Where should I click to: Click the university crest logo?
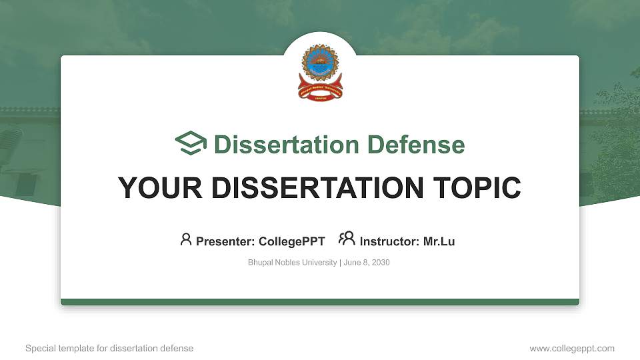click(x=319, y=72)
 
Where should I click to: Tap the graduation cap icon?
click(x=191, y=144)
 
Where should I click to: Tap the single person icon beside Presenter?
click(x=186, y=239)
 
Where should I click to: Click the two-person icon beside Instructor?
click(x=347, y=239)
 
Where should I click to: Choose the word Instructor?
click(x=390, y=241)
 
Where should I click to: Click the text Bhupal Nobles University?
click(x=292, y=263)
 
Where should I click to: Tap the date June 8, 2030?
click(x=367, y=263)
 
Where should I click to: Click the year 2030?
click(x=381, y=263)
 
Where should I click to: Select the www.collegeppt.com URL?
click(x=572, y=348)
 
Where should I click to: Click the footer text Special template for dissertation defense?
click(x=109, y=348)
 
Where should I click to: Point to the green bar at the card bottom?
click(x=319, y=302)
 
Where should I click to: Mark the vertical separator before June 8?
click(x=340, y=263)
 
